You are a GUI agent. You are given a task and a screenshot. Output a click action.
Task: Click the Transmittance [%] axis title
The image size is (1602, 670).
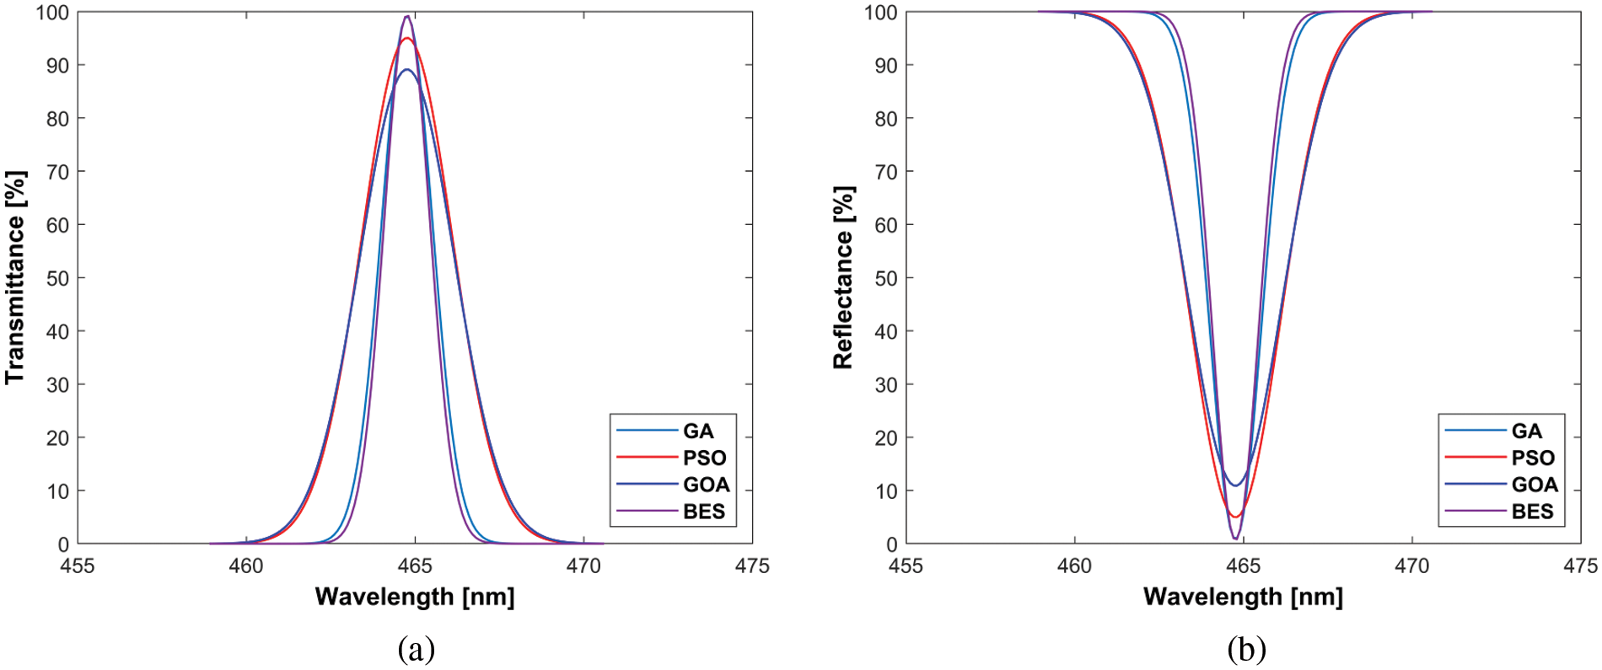coord(15,277)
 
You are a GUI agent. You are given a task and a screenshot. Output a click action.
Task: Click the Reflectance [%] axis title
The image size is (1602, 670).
coord(843,277)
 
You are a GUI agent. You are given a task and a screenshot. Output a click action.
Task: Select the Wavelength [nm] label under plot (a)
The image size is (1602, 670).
coord(414,597)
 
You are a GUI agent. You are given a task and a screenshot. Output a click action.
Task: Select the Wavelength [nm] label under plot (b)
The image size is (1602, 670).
coord(1243,597)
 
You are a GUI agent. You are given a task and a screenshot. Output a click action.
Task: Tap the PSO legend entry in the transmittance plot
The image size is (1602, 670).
coord(703,458)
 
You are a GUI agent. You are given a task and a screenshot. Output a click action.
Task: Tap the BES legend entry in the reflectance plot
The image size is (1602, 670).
coord(1531,512)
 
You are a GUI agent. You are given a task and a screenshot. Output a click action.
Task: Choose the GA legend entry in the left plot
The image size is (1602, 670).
coord(697,431)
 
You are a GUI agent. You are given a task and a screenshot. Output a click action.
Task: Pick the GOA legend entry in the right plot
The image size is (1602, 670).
coord(1534,485)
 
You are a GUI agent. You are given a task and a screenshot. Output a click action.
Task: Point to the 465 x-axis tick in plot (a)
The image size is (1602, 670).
coord(414,565)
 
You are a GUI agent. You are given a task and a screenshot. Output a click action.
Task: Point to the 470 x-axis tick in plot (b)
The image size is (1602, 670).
coord(1411,565)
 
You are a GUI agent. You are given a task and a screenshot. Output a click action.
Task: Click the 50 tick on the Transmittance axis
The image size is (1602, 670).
coord(57,278)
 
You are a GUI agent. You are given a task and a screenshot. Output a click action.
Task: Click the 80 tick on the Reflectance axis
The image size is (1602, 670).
coord(885,119)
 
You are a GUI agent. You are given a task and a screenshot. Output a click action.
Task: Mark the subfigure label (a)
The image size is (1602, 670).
coord(416,649)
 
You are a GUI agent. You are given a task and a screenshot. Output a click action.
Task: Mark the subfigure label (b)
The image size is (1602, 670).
coord(1246,649)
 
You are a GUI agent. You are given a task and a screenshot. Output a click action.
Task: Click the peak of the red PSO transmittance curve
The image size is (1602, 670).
coord(407,39)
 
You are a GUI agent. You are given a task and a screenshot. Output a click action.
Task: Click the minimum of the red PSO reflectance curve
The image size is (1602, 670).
coord(1235,517)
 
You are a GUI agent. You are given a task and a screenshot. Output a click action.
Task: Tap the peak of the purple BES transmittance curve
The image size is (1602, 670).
coord(407,16)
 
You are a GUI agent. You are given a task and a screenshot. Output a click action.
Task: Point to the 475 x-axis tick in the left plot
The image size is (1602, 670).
coord(751,565)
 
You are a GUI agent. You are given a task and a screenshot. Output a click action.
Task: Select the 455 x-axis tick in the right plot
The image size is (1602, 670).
coord(906,565)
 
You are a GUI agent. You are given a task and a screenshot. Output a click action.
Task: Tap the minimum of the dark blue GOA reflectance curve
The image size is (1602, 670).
coord(1235,485)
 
